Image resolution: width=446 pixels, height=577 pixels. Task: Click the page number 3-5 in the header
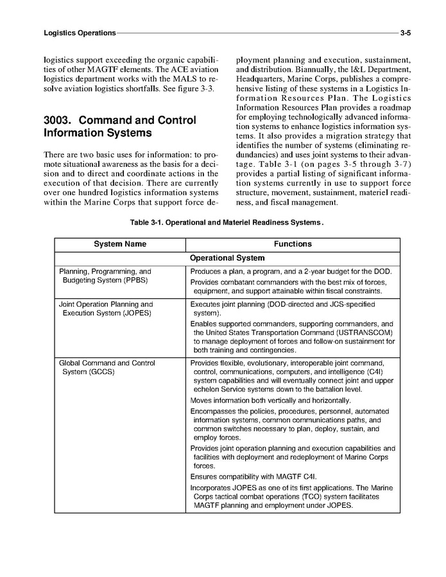405,32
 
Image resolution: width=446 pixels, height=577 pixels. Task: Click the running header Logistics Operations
80,32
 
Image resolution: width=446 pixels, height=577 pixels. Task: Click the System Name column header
120,244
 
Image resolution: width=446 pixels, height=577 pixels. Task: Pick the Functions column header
293,244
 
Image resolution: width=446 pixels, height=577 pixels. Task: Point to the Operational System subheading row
227,258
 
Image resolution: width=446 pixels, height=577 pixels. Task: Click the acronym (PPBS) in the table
132,280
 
